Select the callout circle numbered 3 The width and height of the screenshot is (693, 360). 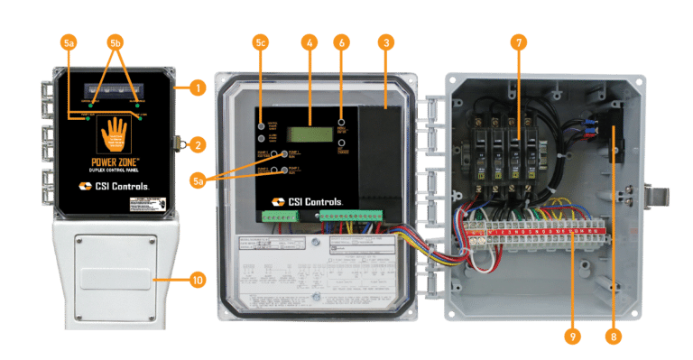[386, 42]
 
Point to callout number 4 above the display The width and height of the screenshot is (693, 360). [310, 42]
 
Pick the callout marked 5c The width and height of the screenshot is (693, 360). [261, 42]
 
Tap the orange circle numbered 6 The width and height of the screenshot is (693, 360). [341, 42]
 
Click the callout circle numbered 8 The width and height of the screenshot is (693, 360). [614, 336]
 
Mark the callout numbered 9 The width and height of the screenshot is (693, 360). [569, 336]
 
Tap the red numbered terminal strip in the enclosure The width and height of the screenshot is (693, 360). [532, 236]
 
